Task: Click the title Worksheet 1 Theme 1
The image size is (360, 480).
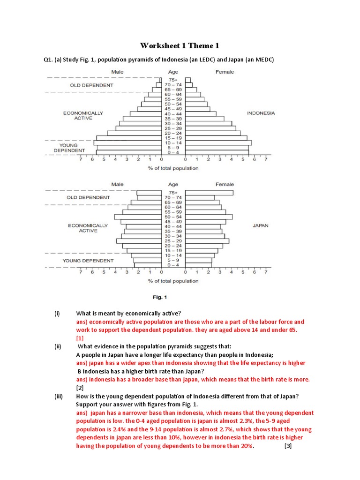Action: pyautogui.click(x=180, y=45)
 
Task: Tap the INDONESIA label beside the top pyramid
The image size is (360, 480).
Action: pyautogui.click(x=261, y=113)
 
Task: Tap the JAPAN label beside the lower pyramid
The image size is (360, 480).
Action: pyautogui.click(x=261, y=225)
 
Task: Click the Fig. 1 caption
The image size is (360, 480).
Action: pyautogui.click(x=160, y=297)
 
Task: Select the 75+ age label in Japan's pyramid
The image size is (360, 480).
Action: pyautogui.click(x=173, y=193)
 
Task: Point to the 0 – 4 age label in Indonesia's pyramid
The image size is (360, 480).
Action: pyautogui.click(x=173, y=152)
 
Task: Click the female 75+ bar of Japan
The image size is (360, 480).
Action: pyautogui.click(x=209, y=193)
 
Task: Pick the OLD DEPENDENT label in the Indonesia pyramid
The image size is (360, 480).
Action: pyautogui.click(x=91, y=85)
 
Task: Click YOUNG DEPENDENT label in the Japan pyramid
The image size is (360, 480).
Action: pyautogui.click(x=88, y=261)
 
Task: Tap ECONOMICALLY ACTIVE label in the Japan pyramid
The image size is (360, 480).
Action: pyautogui.click(x=88, y=228)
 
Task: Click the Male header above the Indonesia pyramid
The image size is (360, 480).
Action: pyautogui.click(x=117, y=72)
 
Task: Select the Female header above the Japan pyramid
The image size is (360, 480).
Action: pyautogui.click(x=225, y=184)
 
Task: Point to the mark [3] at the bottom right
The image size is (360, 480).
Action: pyautogui.click(x=288, y=446)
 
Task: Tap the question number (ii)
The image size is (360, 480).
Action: pyautogui.click(x=58, y=346)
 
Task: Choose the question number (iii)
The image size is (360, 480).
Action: pyautogui.click(x=58, y=396)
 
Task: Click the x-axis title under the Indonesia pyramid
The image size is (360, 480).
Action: pyautogui.click(x=173, y=168)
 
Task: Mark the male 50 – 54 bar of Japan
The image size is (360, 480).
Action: pyautogui.click(x=138, y=217)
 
